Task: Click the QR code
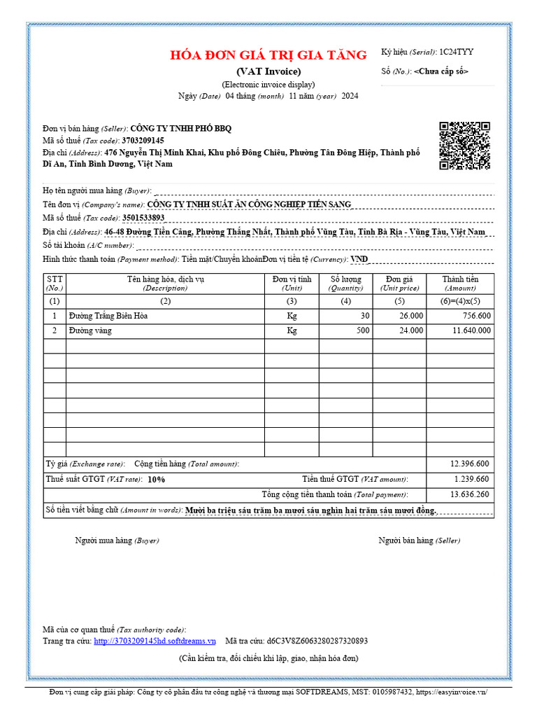pyautogui.click(x=464, y=146)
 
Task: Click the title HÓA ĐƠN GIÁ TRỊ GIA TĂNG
pyautogui.click(x=268, y=55)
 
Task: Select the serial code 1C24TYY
pyautogui.click(x=456, y=52)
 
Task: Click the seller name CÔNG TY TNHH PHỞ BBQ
pyautogui.click(x=180, y=128)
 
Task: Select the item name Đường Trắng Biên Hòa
pyautogui.click(x=108, y=316)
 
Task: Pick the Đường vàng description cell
pyautogui.click(x=91, y=330)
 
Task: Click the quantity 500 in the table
pyautogui.click(x=363, y=330)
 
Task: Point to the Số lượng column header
pyautogui.click(x=345, y=284)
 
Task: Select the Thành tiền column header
pyautogui.click(x=460, y=284)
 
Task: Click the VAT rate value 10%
pyautogui.click(x=156, y=480)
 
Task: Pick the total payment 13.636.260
pyautogui.click(x=469, y=494)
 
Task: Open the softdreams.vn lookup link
pyautogui.click(x=155, y=641)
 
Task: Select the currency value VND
pyautogui.click(x=359, y=259)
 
